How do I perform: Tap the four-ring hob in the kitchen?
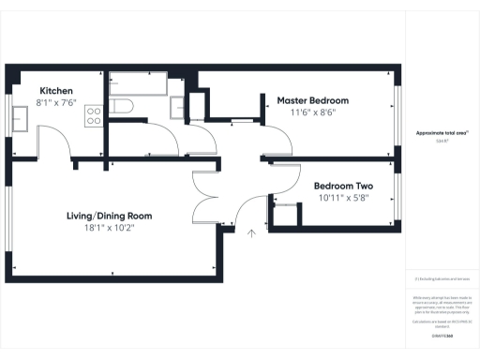(94, 115)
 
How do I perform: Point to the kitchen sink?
(20, 116)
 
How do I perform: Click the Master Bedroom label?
(312, 100)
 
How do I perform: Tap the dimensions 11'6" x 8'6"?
(312, 112)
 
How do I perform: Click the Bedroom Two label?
(343, 186)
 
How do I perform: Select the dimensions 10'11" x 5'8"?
(343, 198)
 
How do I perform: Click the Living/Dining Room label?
(109, 216)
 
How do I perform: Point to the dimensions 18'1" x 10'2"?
(109, 227)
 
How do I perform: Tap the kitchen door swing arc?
(61, 141)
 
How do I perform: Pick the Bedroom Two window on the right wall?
(398, 198)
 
